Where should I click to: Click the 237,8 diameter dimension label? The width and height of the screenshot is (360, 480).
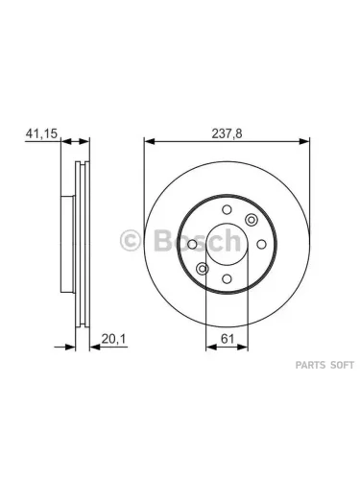coord(227,133)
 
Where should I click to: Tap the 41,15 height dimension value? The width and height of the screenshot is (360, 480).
coord(41,133)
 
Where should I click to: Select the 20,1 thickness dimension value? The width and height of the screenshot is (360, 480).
coord(114,339)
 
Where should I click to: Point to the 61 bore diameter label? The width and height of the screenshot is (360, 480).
coord(228,339)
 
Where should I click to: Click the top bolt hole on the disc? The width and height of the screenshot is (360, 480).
coord(227,210)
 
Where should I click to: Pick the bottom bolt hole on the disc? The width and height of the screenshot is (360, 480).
coord(227,278)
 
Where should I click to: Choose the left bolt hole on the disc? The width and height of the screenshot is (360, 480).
coord(192,245)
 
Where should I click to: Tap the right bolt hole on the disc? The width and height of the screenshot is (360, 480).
coord(261,245)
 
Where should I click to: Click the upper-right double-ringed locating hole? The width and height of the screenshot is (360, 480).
coord(252,220)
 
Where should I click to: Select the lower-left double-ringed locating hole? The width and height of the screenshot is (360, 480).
coord(203,269)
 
